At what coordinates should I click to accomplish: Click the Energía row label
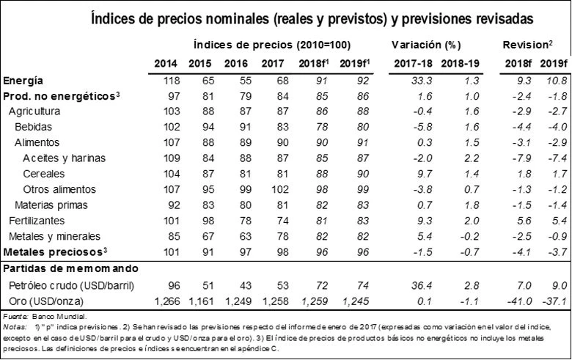click(23, 81)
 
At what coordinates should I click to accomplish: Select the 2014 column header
click(169, 64)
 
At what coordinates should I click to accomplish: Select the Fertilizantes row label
click(34, 220)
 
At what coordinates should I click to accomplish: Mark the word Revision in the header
click(525, 45)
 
